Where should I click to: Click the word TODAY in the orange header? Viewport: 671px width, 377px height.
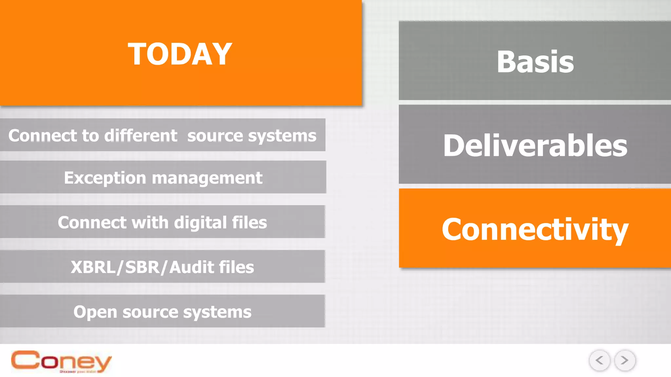[x=180, y=54]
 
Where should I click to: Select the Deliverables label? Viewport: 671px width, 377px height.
[x=535, y=145]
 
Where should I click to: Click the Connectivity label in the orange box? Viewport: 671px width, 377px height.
[x=535, y=229]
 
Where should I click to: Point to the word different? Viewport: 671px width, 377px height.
[x=141, y=135]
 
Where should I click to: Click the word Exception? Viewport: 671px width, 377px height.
[x=105, y=178]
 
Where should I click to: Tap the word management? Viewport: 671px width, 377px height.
[x=207, y=178]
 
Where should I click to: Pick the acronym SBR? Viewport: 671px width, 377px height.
[x=142, y=267]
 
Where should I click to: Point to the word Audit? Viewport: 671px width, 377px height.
[x=191, y=267]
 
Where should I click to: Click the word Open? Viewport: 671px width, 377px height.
[x=95, y=312]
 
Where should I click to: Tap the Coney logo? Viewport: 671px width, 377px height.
[x=61, y=362]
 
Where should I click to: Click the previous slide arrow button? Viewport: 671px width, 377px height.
[x=599, y=360]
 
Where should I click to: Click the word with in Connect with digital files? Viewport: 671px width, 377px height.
[x=150, y=223]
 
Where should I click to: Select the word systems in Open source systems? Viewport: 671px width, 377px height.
[x=217, y=312]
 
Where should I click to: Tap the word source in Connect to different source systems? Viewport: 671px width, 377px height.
[x=215, y=136]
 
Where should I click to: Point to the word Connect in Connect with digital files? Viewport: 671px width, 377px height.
[x=92, y=223]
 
